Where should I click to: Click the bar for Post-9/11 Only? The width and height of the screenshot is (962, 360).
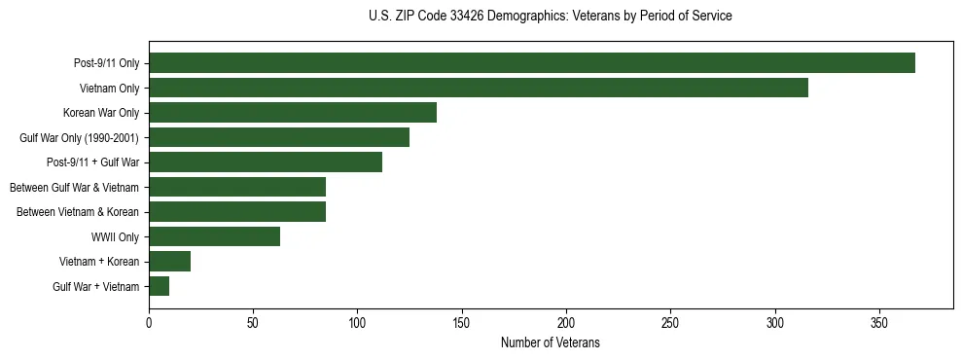click(532, 63)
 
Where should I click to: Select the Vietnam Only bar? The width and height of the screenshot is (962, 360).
click(479, 88)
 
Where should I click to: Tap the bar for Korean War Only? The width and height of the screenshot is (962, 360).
click(293, 113)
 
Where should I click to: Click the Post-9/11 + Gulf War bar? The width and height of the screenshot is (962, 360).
click(266, 162)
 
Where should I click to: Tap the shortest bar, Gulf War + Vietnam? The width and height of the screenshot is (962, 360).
click(160, 286)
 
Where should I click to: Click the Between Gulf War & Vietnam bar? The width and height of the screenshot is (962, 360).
click(237, 187)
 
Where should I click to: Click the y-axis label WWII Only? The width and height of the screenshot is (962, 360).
click(115, 236)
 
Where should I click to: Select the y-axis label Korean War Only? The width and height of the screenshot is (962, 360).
click(101, 113)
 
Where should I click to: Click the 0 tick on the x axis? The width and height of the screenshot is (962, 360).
click(149, 322)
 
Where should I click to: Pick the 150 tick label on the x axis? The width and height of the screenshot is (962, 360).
click(462, 322)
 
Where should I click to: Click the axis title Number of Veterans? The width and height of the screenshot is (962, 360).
click(551, 343)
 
